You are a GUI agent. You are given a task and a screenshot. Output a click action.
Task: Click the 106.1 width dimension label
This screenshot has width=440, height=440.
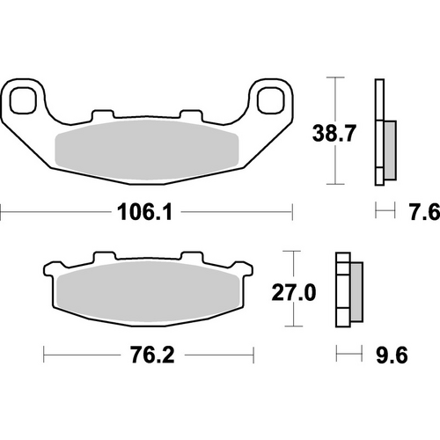coord(144,211)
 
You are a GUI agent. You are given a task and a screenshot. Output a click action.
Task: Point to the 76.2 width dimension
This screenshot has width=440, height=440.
coord(146,357)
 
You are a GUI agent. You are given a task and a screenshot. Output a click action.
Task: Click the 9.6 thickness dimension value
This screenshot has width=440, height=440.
coord(393,357)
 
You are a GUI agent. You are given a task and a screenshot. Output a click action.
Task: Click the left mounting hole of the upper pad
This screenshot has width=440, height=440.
coord(24,98)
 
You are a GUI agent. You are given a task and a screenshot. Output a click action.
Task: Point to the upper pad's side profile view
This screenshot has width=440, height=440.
coord(380,132)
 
